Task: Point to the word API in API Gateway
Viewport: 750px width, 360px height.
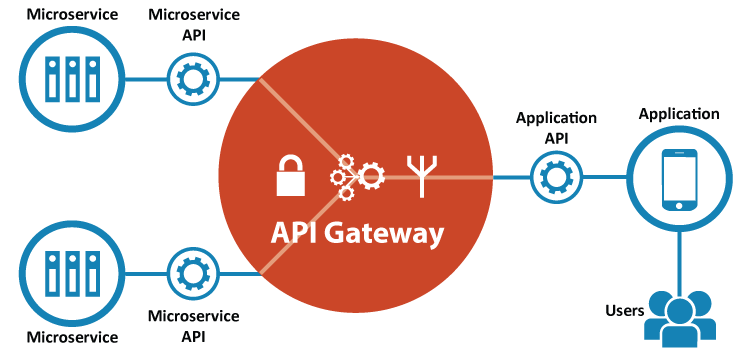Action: tap(295, 234)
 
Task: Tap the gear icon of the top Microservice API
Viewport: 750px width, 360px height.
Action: tap(189, 79)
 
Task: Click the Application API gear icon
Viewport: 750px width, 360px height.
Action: tap(554, 177)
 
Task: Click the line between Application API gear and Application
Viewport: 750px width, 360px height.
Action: tap(602, 178)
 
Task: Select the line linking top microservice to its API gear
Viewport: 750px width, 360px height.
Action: tap(144, 79)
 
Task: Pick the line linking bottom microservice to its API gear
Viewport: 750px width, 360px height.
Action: tap(144, 272)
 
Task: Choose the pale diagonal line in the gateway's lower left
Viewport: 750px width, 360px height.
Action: tap(295, 236)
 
